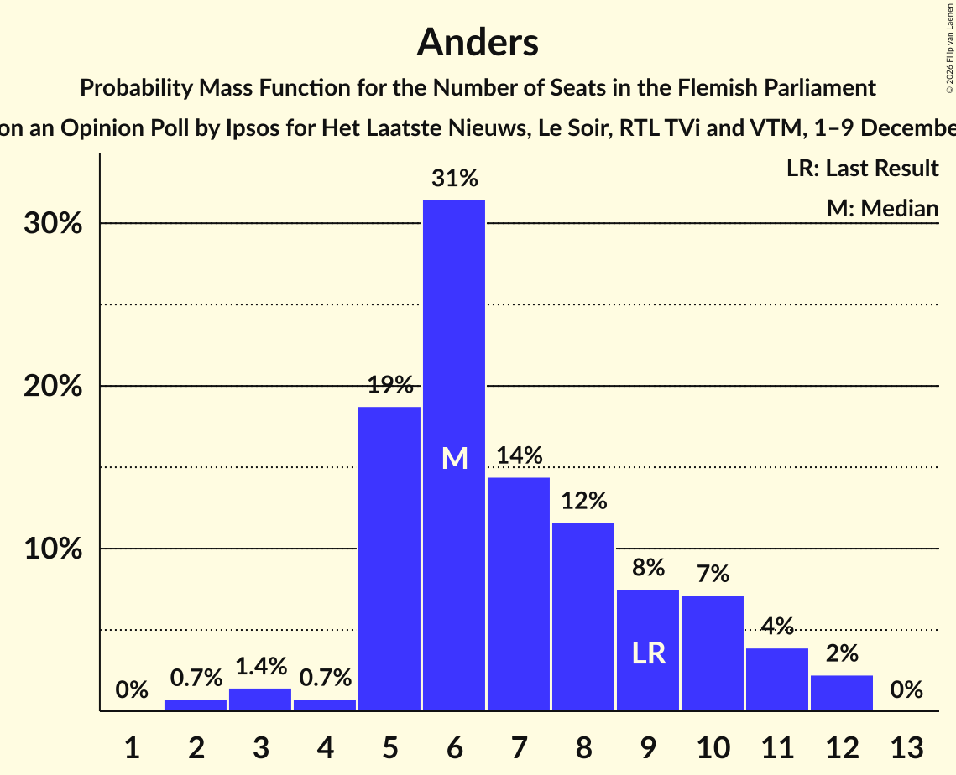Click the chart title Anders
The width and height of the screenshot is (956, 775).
point(478,42)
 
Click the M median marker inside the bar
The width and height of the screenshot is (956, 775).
point(454,458)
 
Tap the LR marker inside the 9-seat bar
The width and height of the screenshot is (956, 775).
point(648,653)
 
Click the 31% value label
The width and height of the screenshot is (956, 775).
point(454,179)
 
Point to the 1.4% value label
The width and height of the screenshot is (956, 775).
point(260,667)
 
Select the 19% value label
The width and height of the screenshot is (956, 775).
point(389,385)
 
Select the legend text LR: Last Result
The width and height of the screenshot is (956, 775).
point(862,169)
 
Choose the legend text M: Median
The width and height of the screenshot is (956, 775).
point(882,208)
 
